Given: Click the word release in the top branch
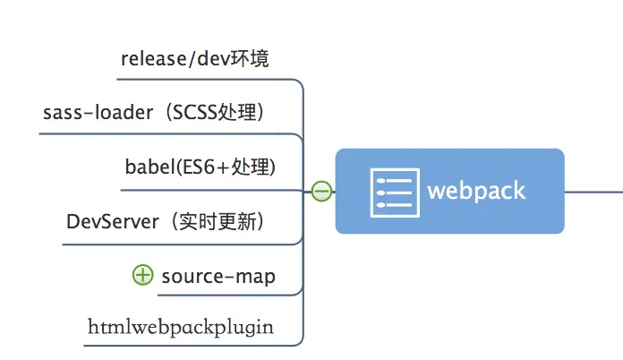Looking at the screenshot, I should pos(149,59).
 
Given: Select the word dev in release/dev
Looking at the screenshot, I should pos(205,59).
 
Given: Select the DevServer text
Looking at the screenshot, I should pos(112,221).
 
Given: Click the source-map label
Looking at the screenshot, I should pos(218,276).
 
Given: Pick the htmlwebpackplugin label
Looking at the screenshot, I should pos(180,328).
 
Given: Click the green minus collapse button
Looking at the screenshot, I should pos(321,191).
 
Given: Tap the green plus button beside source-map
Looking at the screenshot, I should pos(143,275).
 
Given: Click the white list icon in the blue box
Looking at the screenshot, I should pos(394,191).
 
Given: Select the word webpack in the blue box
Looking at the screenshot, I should pos(476,191).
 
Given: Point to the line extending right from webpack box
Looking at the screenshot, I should pos(593,191).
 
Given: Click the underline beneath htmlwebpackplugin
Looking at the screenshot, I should pos(179,345).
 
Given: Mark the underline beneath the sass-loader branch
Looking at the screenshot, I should pos(161,134).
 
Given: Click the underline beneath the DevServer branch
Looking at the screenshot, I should pos(170,244).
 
